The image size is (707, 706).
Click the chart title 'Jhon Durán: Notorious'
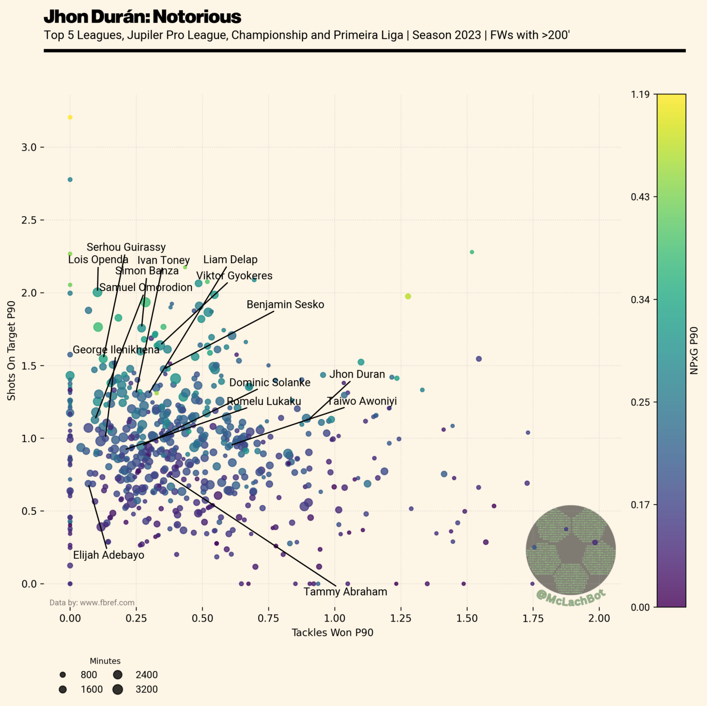(142, 17)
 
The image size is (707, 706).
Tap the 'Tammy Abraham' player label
(345, 592)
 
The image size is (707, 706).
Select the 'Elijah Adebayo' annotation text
(108, 555)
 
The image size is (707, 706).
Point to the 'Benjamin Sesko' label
(285, 305)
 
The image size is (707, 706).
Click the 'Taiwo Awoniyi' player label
(362, 401)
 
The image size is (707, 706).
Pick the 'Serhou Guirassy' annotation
(126, 247)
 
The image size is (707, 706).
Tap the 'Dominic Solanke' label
(270, 383)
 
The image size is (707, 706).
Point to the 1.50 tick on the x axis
(467, 618)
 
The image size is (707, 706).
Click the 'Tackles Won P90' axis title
(332, 632)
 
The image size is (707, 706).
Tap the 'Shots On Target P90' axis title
(11, 351)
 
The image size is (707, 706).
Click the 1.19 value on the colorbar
(640, 94)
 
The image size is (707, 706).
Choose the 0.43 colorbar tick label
(640, 197)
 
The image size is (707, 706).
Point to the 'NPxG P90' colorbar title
(693, 350)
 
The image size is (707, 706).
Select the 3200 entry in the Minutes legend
(146, 689)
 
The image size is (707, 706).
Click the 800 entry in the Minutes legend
(89, 675)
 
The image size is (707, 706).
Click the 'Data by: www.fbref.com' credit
(92, 603)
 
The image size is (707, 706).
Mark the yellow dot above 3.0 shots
(70, 117)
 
